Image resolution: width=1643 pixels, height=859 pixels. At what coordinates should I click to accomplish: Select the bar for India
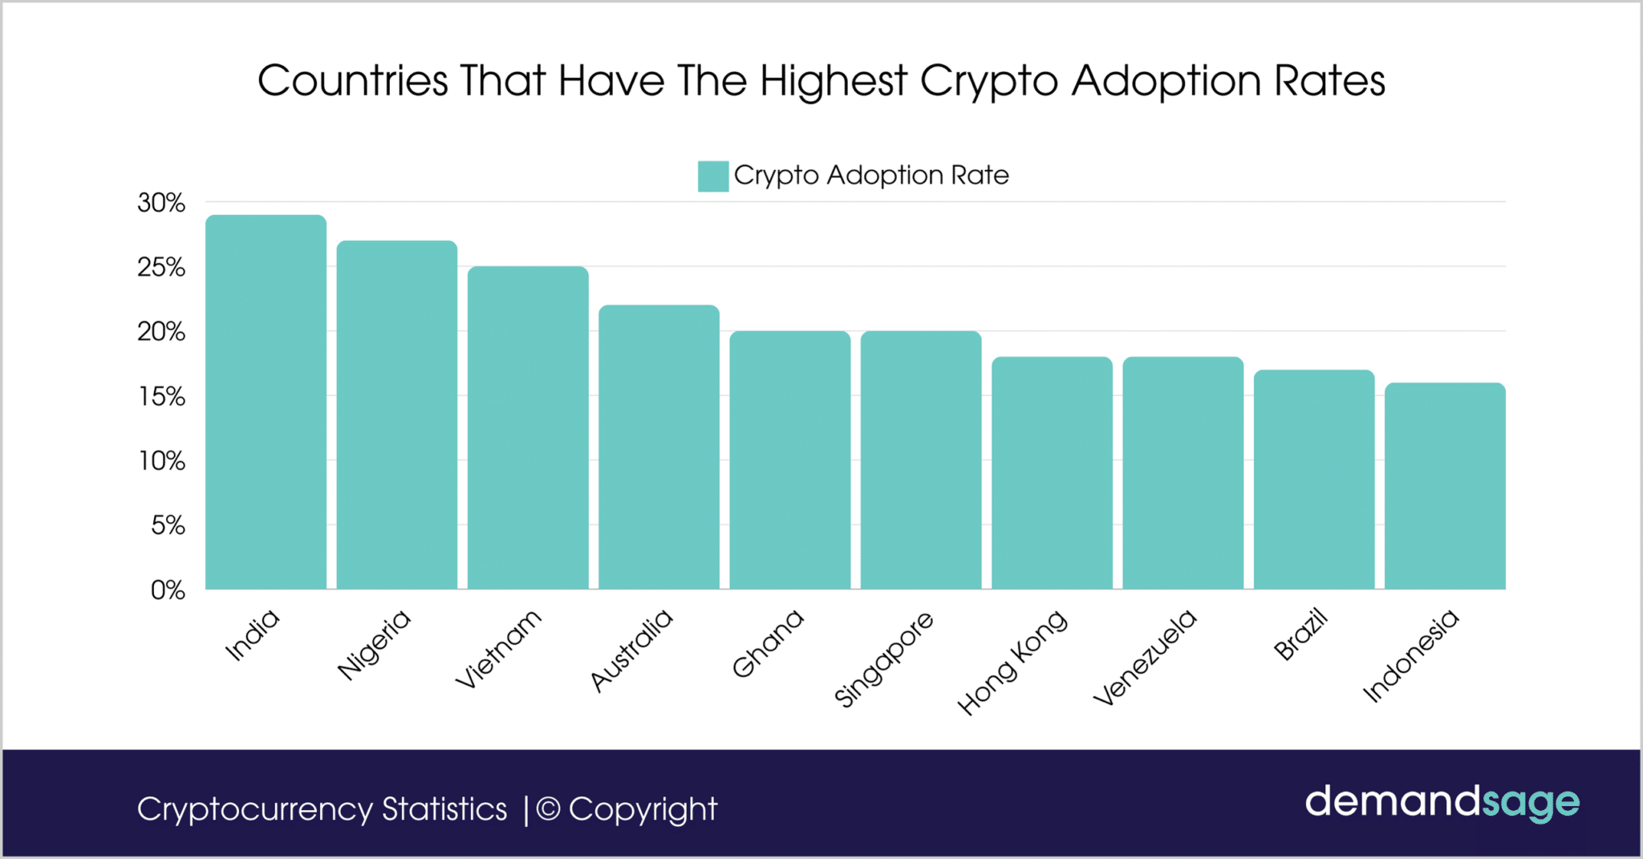click(266, 402)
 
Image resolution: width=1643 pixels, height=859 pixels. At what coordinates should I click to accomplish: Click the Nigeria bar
click(396, 415)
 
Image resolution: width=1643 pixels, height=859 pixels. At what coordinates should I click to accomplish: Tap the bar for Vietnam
click(528, 427)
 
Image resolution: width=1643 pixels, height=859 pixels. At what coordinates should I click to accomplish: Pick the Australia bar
click(659, 447)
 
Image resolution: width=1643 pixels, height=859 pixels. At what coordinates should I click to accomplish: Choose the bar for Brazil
click(1314, 480)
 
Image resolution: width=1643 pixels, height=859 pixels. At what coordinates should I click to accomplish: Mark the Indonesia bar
click(1445, 486)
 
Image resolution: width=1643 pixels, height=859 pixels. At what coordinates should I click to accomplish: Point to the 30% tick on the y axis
click(161, 203)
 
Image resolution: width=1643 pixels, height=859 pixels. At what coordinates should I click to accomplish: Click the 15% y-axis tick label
click(162, 396)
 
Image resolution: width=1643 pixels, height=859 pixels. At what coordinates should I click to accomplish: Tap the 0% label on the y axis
click(168, 590)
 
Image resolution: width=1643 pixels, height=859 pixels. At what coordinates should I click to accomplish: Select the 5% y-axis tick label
click(168, 525)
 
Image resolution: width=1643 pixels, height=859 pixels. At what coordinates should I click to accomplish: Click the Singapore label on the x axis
click(883, 659)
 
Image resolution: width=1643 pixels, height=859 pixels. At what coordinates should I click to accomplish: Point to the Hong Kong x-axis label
click(1012, 662)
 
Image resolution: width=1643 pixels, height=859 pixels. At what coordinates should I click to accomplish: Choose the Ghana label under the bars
click(767, 642)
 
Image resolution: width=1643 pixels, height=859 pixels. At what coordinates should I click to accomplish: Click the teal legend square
click(713, 176)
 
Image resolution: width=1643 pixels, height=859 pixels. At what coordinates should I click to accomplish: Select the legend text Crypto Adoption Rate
click(871, 175)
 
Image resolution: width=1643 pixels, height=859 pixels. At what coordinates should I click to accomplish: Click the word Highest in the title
click(834, 81)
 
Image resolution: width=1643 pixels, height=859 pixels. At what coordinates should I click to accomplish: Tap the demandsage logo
click(1442, 803)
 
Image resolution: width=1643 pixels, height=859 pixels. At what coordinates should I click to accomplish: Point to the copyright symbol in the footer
click(548, 809)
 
